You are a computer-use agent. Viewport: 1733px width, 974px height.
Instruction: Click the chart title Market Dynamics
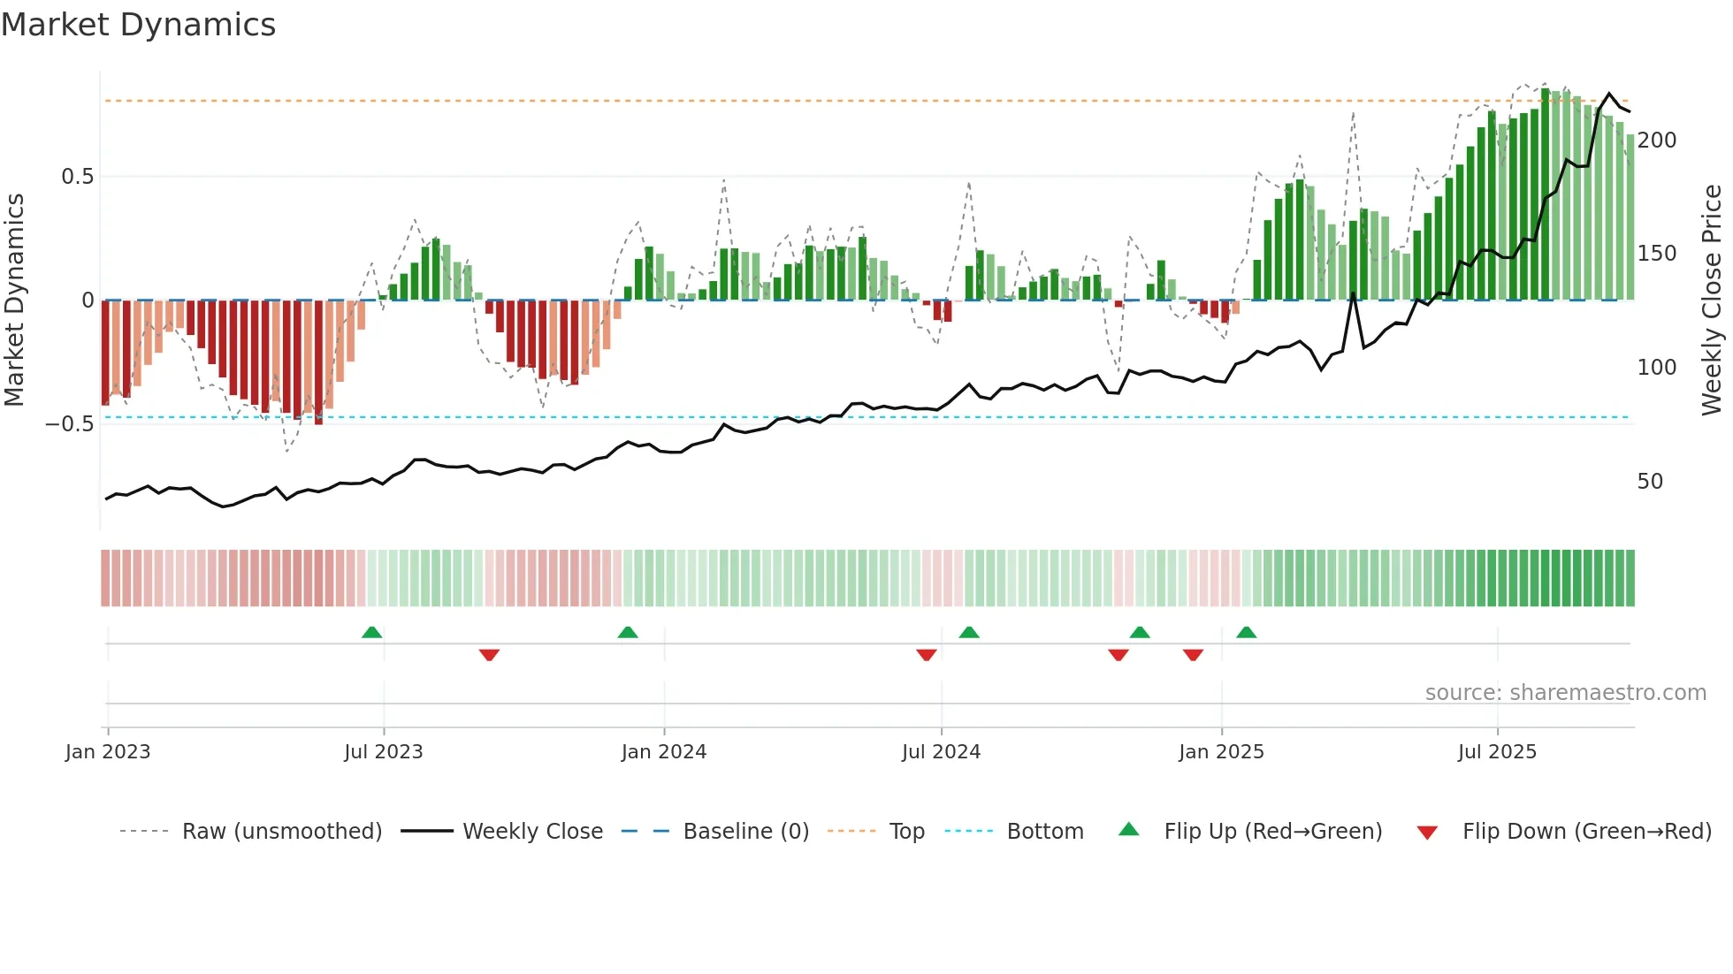pyautogui.click(x=138, y=25)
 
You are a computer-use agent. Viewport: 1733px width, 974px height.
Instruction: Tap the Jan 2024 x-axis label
pyautogui.click(x=663, y=752)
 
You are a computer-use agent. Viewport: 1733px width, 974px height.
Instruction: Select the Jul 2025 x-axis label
pyautogui.click(x=1497, y=752)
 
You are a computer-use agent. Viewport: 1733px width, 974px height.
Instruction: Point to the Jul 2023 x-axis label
pyautogui.click(x=383, y=752)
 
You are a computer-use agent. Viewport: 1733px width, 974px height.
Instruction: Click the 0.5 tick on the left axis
pyautogui.click(x=77, y=177)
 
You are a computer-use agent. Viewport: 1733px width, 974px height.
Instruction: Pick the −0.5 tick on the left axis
pyautogui.click(x=69, y=424)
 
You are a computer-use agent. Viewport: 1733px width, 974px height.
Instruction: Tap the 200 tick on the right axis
pyautogui.click(x=1656, y=141)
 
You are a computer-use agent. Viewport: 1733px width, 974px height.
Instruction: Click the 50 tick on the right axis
pyautogui.click(x=1649, y=482)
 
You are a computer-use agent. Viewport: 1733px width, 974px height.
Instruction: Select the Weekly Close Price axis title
pyautogui.click(x=1712, y=301)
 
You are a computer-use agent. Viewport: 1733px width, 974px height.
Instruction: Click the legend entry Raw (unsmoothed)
pyautogui.click(x=281, y=832)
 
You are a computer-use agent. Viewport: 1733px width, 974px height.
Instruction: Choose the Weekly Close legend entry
pyautogui.click(x=532, y=832)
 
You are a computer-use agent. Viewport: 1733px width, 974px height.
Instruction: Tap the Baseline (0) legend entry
pyautogui.click(x=745, y=832)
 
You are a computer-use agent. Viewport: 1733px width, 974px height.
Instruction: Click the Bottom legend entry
pyautogui.click(x=1044, y=832)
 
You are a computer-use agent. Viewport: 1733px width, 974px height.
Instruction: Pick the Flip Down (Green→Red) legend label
pyautogui.click(x=1586, y=832)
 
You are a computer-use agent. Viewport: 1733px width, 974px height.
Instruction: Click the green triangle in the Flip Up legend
pyautogui.click(x=1128, y=830)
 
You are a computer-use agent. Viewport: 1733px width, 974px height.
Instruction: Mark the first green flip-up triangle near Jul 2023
pyautogui.click(x=371, y=632)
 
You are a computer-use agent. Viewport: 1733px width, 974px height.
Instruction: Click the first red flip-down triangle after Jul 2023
pyautogui.click(x=489, y=655)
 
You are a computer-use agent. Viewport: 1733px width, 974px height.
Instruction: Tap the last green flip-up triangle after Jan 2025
pyautogui.click(x=1246, y=632)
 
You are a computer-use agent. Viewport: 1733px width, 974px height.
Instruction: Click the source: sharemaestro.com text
pyautogui.click(x=1565, y=693)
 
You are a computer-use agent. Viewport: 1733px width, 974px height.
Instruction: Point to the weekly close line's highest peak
pyautogui.click(x=1609, y=94)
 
